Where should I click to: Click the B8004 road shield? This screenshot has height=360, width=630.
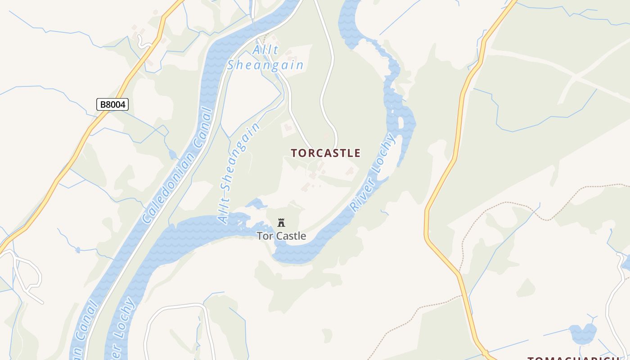point(112,105)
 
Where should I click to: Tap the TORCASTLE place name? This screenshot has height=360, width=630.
point(325,153)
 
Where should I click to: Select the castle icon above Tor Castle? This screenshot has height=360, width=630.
point(281,222)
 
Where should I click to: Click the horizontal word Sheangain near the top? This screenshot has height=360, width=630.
point(265,65)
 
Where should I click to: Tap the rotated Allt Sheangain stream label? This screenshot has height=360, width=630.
point(239,173)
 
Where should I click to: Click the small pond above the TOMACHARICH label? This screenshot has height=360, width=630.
point(583,333)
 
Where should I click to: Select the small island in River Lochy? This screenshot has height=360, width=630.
point(401,122)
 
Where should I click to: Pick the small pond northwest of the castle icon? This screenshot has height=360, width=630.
point(257,204)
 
